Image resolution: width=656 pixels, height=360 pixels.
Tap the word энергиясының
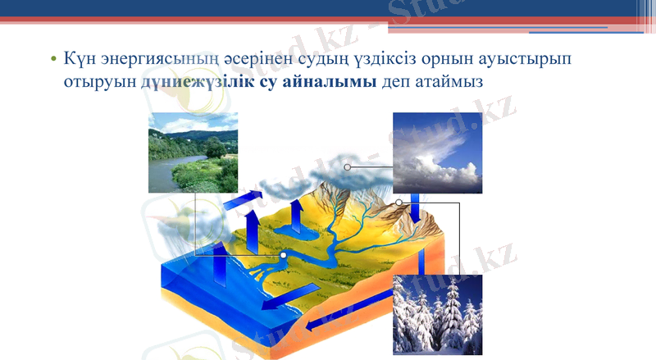click(157, 60)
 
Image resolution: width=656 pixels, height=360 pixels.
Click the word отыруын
click(99, 84)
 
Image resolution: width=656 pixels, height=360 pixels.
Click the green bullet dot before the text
click(52, 61)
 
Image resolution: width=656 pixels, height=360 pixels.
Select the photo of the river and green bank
click(193, 153)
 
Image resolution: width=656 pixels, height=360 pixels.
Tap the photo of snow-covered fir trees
click(437, 314)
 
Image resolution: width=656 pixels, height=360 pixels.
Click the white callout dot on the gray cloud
click(348, 166)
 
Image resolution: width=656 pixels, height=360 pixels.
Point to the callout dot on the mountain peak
click(399, 202)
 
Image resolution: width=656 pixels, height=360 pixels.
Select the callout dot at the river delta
click(283, 255)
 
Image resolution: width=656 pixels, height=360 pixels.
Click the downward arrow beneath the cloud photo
click(417, 208)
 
